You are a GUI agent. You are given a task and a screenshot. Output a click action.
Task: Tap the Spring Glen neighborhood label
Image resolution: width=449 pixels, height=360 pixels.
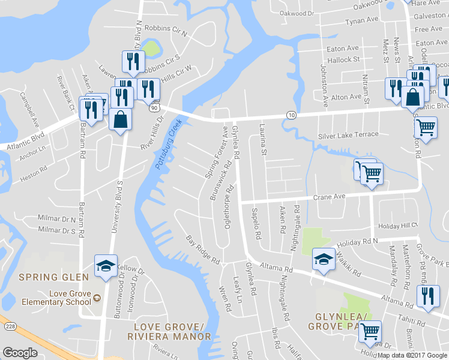(54, 277)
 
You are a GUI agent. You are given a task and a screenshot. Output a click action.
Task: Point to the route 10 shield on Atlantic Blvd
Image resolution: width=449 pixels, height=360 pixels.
(291, 115)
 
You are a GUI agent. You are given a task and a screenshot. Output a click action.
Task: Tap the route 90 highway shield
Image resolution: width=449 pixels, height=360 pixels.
(154, 107)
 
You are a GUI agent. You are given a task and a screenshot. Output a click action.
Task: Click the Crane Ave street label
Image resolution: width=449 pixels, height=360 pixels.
(330, 197)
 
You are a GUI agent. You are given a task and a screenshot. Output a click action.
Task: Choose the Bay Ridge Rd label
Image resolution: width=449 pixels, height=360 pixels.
(203, 251)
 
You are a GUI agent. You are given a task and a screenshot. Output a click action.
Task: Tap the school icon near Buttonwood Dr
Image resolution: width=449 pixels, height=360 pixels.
(104, 265)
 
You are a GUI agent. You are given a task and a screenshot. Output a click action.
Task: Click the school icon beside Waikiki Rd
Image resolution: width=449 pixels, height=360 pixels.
(323, 259)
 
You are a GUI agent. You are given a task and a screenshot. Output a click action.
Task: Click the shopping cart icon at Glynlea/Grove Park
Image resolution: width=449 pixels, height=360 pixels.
(369, 329)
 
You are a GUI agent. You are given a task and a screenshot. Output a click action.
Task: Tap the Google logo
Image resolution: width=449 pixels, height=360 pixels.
(20, 353)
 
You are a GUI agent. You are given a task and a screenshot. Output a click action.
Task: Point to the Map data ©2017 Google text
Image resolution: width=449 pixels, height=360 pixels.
(412, 355)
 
